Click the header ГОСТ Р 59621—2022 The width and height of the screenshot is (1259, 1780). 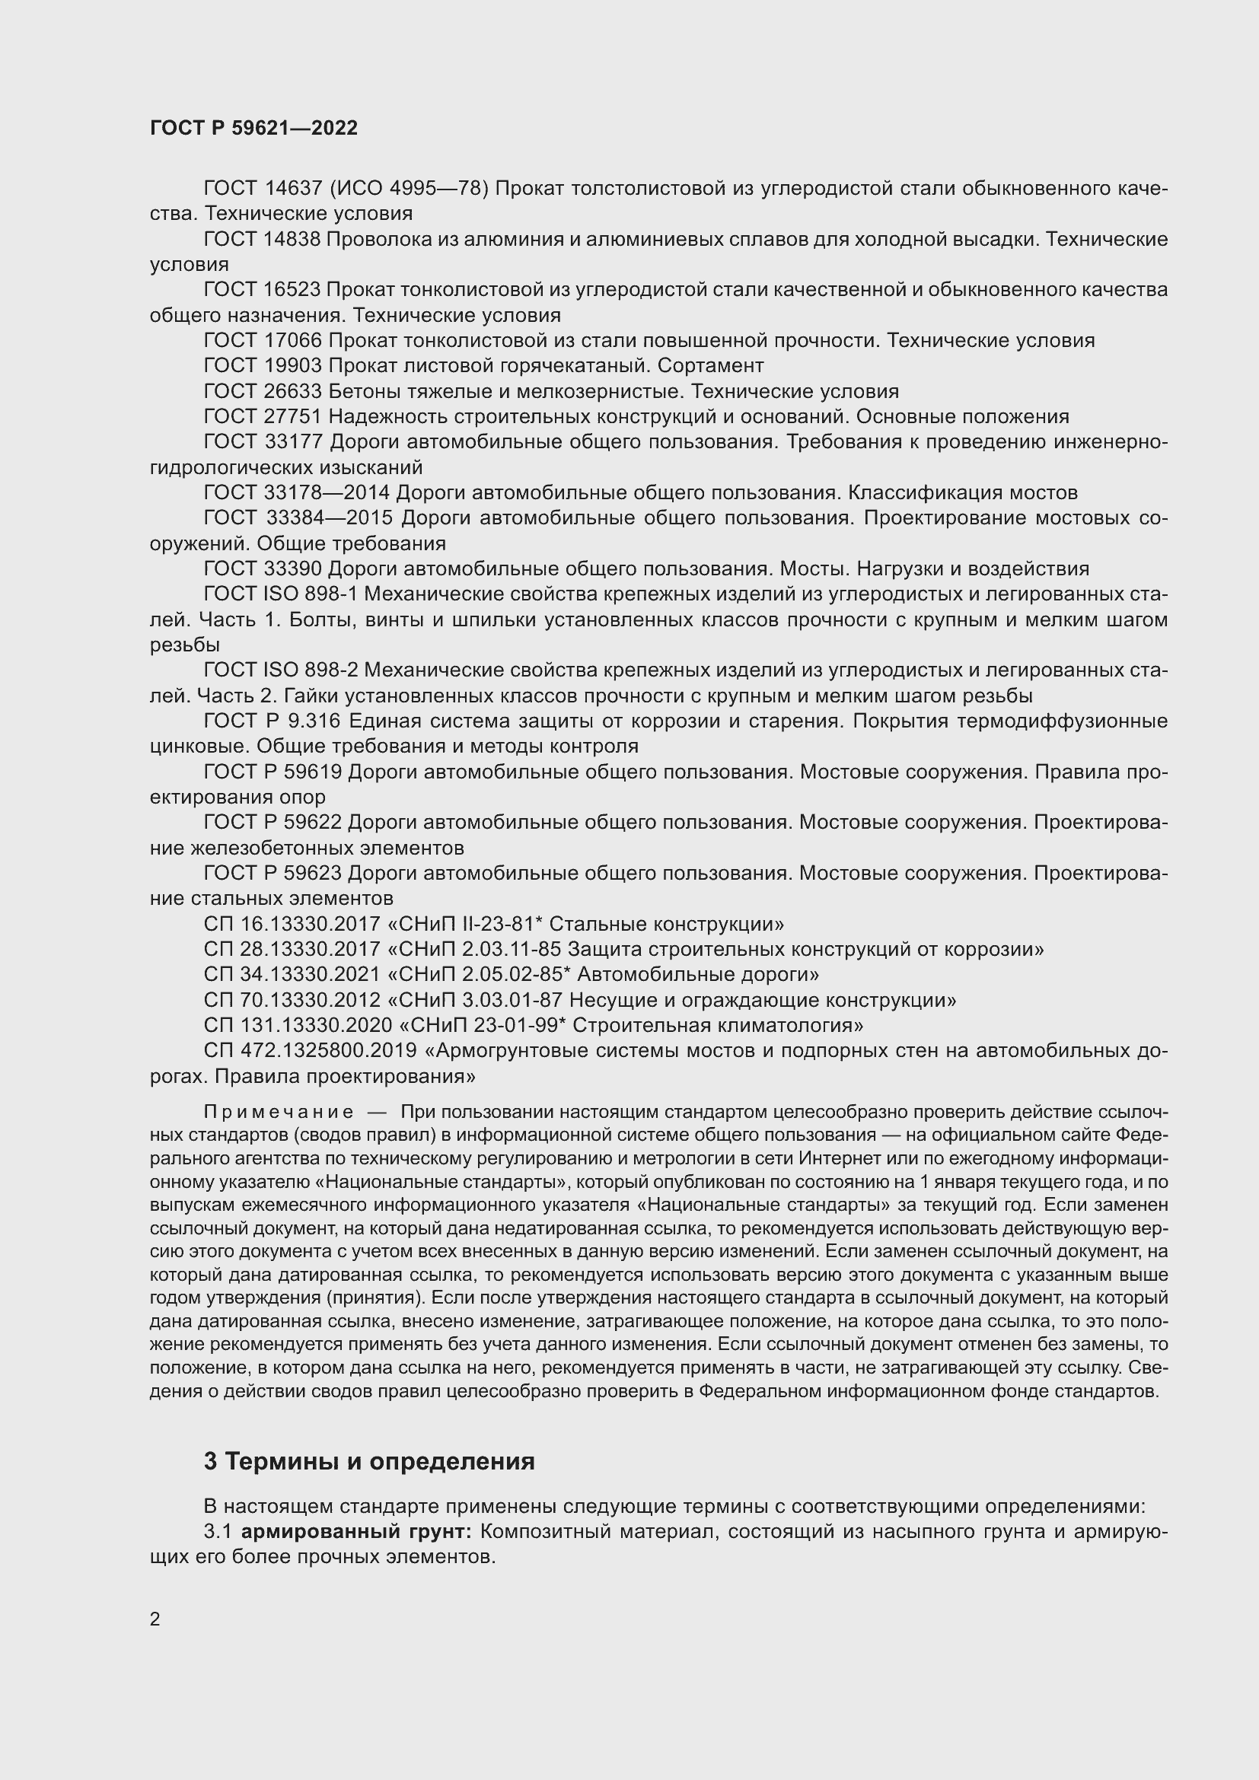click(x=253, y=129)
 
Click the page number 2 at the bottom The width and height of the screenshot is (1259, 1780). click(x=155, y=1619)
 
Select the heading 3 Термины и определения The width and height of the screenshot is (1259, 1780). click(x=369, y=1461)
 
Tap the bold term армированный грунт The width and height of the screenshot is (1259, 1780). click(x=356, y=1531)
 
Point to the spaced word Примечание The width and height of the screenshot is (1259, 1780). click(x=279, y=1112)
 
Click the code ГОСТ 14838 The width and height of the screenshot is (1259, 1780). click(x=262, y=239)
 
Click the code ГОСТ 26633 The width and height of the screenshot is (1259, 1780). click(x=262, y=390)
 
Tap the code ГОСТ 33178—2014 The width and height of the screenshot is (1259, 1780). click(x=299, y=492)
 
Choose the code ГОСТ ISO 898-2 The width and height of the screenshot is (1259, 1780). click(x=281, y=670)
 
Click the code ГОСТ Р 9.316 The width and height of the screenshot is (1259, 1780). click(x=272, y=721)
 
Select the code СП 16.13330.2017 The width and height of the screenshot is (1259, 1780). click(x=292, y=924)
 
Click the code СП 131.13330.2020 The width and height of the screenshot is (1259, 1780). click(x=298, y=1025)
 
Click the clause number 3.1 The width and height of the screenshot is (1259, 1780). click(x=218, y=1531)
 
